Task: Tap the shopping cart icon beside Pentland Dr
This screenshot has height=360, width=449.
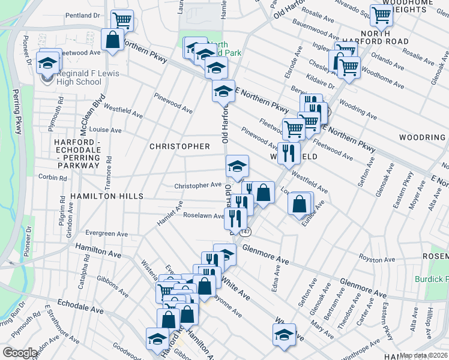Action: tap(122, 19)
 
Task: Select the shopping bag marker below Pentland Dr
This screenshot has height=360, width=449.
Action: tap(112, 40)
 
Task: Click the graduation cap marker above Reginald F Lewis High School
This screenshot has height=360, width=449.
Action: tap(47, 61)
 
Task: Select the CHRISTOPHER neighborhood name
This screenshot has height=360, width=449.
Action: tap(179, 146)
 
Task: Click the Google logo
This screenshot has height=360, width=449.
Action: tap(20, 353)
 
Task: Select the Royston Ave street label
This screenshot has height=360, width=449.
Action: tap(375, 258)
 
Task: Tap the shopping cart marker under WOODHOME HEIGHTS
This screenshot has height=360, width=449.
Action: tap(381, 16)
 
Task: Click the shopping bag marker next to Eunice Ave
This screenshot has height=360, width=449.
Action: tap(300, 204)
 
